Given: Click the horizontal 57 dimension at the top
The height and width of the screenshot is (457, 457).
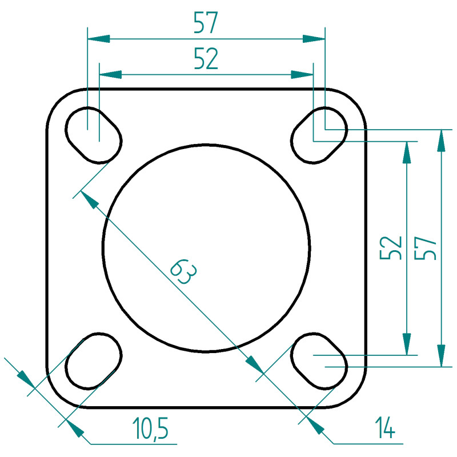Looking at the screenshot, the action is pyautogui.click(x=206, y=22).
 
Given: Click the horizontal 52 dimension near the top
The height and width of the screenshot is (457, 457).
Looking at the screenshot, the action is pyautogui.click(x=206, y=59).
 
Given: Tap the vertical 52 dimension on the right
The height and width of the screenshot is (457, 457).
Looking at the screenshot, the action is pyautogui.click(x=391, y=248).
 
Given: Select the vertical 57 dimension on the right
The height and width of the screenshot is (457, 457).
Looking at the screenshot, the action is pyautogui.click(x=425, y=248).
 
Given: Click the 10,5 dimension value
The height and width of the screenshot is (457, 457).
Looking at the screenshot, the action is pyautogui.click(x=150, y=428).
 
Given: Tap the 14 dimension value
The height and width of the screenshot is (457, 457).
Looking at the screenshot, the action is pyautogui.click(x=384, y=427).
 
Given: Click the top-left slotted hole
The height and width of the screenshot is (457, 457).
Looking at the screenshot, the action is pyautogui.click(x=94, y=135).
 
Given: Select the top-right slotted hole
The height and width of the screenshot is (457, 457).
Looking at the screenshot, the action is pyautogui.click(x=319, y=135).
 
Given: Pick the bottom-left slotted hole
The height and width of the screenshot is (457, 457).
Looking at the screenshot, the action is pyautogui.click(x=94, y=361).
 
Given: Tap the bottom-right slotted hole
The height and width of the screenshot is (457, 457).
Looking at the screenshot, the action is pyautogui.click(x=319, y=361).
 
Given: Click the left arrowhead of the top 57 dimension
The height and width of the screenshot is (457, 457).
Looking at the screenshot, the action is pyautogui.click(x=98, y=38).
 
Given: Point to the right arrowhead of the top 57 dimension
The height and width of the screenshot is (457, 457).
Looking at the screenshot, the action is pyautogui.click(x=314, y=38).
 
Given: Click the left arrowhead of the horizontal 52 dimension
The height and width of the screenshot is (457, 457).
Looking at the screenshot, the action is pyautogui.click(x=110, y=75).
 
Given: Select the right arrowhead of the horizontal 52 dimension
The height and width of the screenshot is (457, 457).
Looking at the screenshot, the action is pyautogui.click(x=302, y=75).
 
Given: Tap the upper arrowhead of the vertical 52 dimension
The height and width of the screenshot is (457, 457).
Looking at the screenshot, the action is pyautogui.click(x=407, y=153).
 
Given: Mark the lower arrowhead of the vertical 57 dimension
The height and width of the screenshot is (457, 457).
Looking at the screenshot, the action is pyautogui.click(x=441, y=355).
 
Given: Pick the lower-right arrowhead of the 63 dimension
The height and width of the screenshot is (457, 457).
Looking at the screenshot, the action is pyautogui.click(x=255, y=364).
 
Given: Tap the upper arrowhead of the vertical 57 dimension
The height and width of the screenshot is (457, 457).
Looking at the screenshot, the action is pyautogui.click(x=441, y=141).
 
